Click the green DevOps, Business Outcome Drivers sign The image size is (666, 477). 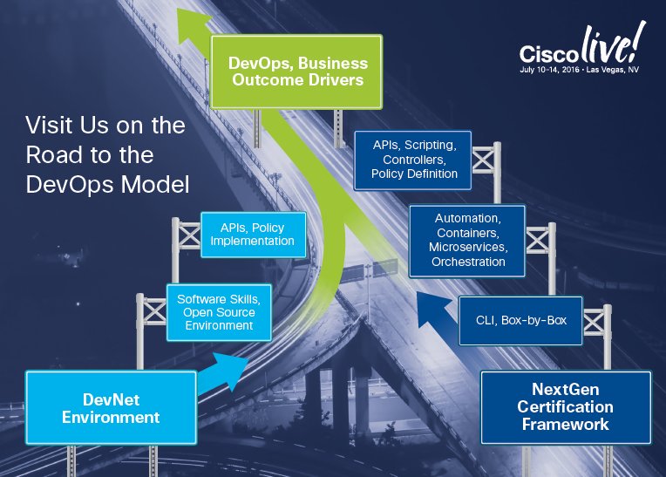point(297,72)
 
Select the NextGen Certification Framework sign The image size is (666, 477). point(566,407)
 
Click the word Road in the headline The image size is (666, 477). point(53,155)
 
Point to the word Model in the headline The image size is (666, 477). point(162,185)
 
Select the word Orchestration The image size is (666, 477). point(467,262)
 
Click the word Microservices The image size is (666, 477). point(467,247)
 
